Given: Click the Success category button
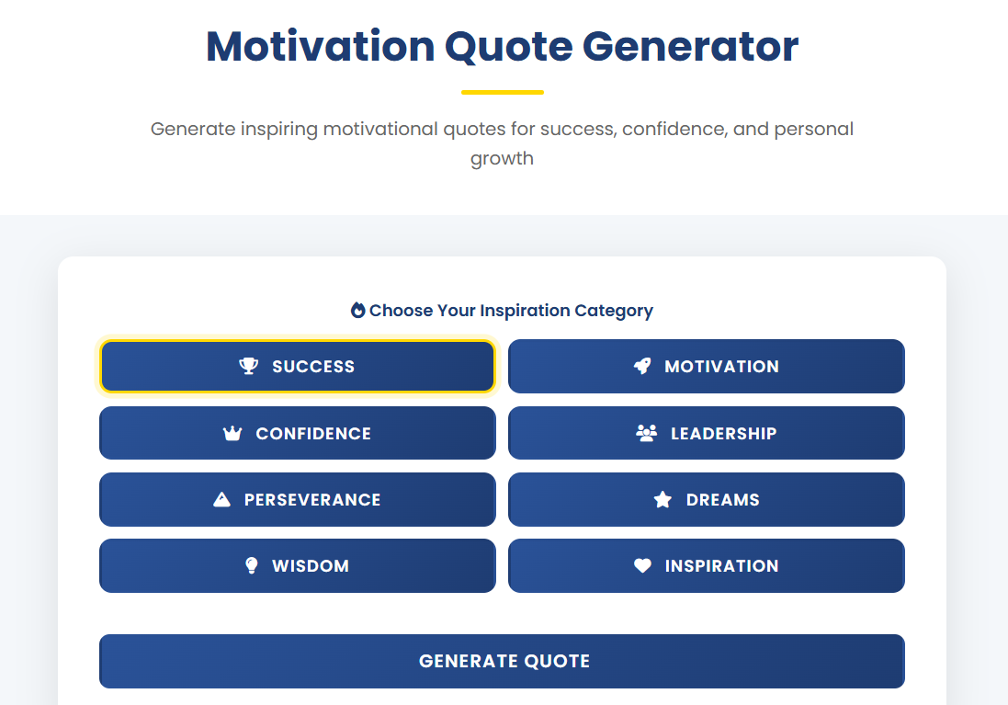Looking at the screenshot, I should [297, 366].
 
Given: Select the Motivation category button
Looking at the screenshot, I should [706, 366].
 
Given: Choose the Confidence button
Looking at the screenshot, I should [297, 433].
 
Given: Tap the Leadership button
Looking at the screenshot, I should [706, 433].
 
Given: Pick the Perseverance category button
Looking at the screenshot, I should [297, 499].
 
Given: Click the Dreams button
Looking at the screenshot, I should [706, 499].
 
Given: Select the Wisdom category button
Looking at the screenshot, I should [297, 565].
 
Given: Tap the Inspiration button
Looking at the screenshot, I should [706, 565].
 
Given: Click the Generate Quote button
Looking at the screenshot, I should [502, 661].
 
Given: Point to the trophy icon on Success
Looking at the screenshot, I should [248, 366].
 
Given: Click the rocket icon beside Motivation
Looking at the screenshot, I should [642, 366].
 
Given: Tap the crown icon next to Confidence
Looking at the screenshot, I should [232, 433].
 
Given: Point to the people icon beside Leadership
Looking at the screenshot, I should [647, 433].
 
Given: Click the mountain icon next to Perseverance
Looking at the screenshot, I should [221, 500].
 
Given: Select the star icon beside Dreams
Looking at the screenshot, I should [663, 500].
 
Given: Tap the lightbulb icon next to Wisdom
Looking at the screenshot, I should [252, 565].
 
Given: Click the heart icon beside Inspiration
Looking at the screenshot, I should [642, 566].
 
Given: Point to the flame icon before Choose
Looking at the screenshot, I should [357, 310].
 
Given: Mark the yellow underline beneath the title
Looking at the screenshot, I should [502, 92].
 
